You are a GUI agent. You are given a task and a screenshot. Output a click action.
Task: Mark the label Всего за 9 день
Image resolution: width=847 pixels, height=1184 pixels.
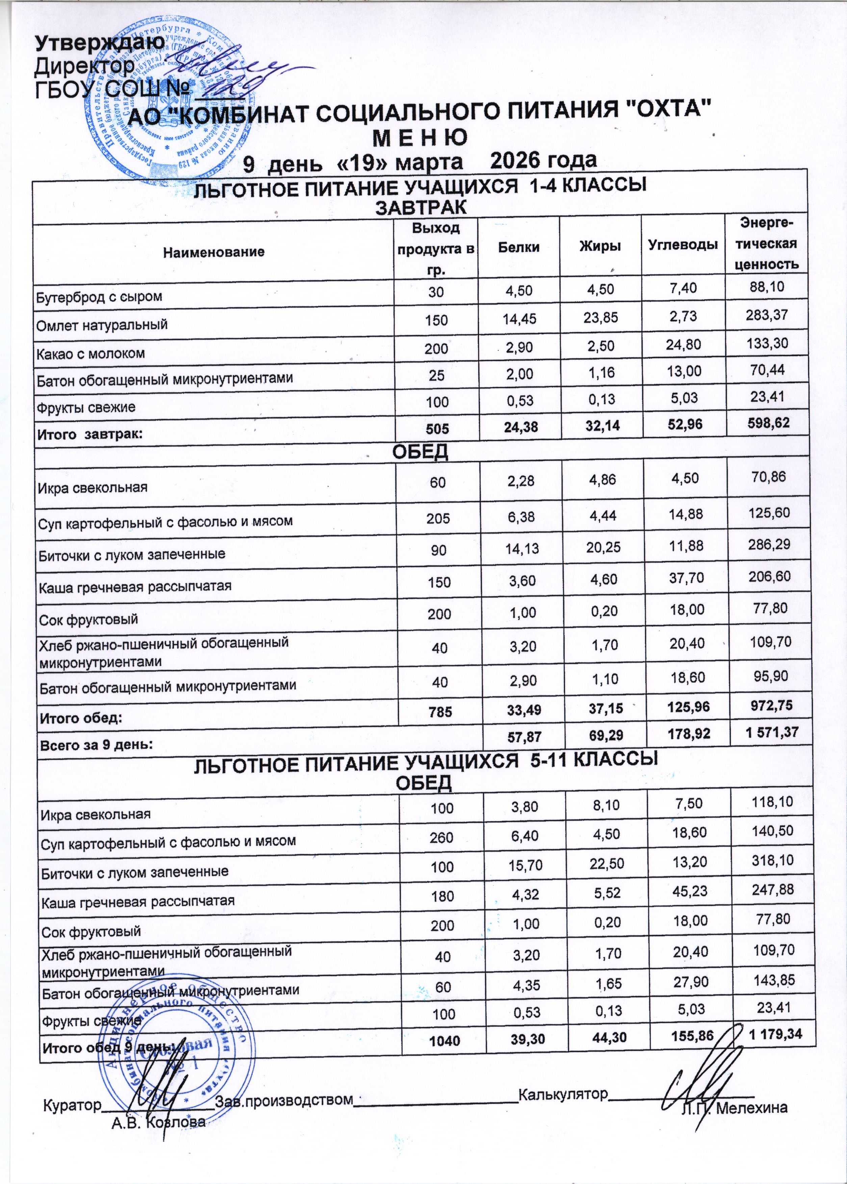click(97, 744)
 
